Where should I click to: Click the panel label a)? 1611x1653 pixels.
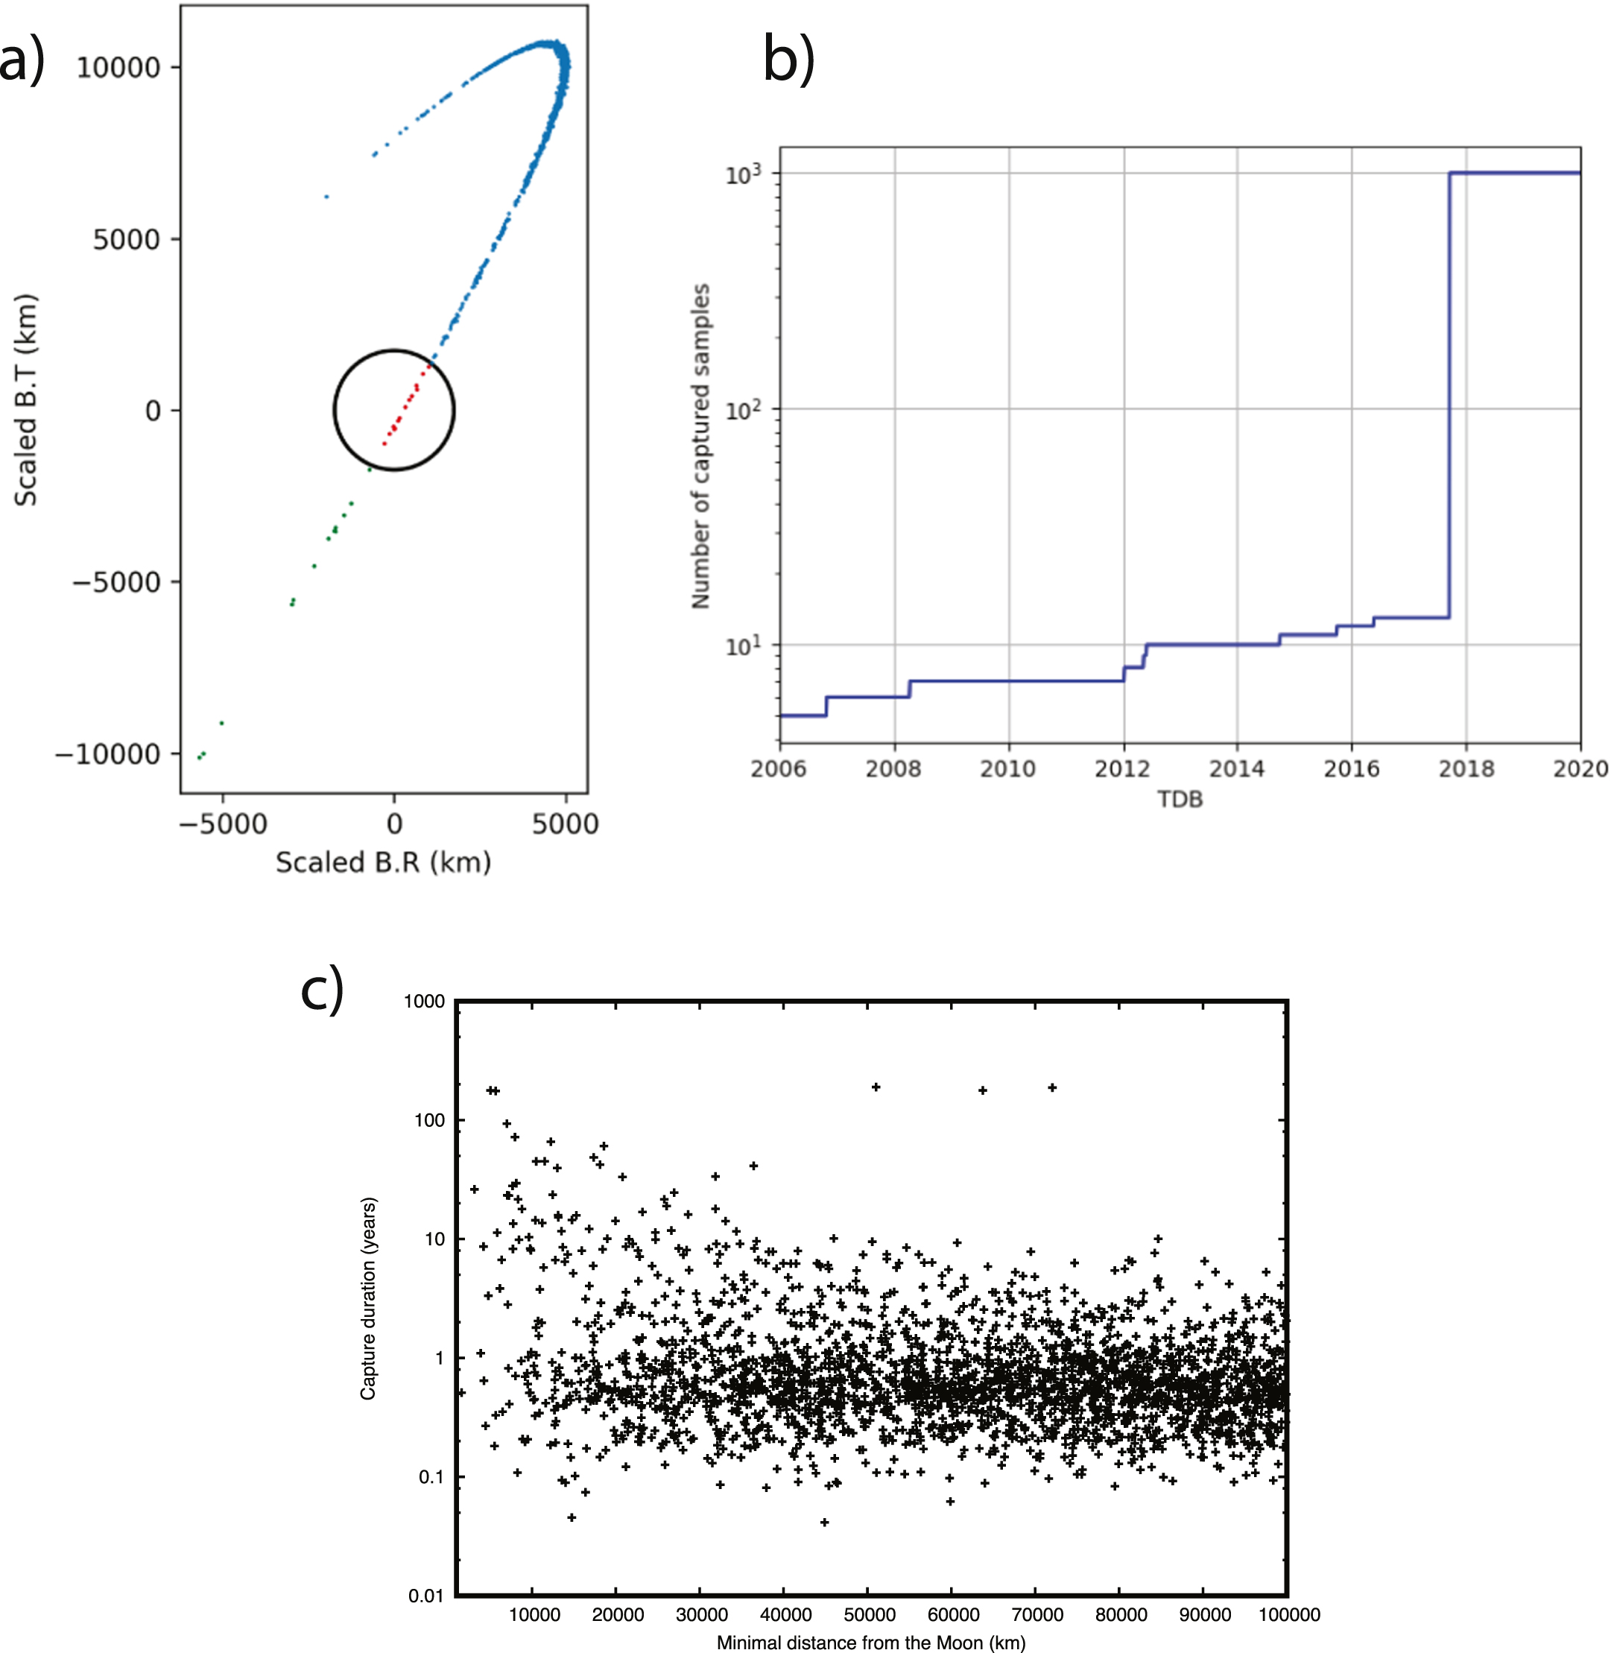[x=22, y=61]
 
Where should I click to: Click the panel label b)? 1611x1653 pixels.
[x=788, y=59]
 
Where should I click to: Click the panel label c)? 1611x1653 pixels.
[x=323, y=987]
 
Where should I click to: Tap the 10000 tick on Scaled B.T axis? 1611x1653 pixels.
[x=118, y=68]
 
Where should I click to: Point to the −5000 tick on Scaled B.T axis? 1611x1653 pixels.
[x=116, y=583]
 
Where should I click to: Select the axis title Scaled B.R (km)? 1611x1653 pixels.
[x=383, y=862]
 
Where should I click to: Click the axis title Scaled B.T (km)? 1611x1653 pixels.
[x=25, y=400]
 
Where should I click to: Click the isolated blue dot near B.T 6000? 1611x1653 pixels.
[x=326, y=196]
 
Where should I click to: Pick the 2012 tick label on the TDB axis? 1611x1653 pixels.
[x=1122, y=768]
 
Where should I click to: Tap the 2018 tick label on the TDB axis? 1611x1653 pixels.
[x=1466, y=768]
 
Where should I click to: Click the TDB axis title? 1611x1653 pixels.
[x=1180, y=800]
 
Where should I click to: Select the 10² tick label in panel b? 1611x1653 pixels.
[x=743, y=411]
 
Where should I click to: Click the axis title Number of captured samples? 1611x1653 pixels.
[x=700, y=446]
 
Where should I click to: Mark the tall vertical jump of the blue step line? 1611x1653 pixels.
[x=1449, y=398]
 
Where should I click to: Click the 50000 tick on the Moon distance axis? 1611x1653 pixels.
[x=869, y=1614]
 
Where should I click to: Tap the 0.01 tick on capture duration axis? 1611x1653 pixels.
[x=425, y=1596]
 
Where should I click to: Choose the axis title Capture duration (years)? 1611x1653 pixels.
[x=368, y=1298]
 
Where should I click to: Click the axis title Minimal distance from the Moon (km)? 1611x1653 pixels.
[x=870, y=1643]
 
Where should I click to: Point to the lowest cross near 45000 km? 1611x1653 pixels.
[x=824, y=1522]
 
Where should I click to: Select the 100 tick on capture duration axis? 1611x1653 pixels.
[x=429, y=1121]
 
